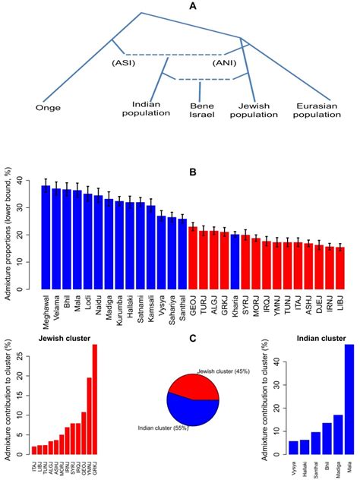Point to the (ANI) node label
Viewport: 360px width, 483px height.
[x=224, y=62]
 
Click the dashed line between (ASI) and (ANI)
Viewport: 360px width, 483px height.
[x=172, y=54]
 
